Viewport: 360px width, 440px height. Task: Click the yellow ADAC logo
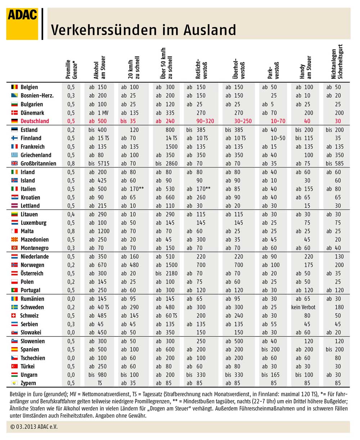(x=22, y=24)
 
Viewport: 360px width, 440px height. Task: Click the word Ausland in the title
(x=210, y=30)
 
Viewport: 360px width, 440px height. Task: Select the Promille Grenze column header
(x=71, y=69)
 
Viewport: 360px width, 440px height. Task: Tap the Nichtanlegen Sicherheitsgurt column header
(x=337, y=62)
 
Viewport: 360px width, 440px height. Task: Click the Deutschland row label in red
(x=35, y=121)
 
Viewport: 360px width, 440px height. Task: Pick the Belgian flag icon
(x=14, y=87)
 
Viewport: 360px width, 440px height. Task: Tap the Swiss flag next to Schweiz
(x=14, y=316)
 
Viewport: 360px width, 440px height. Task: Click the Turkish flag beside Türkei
(x=14, y=366)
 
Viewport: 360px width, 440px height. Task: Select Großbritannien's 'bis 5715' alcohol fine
(x=99, y=163)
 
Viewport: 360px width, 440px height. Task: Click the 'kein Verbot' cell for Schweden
(x=303, y=307)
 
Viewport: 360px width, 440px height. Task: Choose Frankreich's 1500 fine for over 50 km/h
(x=171, y=146)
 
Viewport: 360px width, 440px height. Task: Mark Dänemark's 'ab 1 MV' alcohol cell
(x=99, y=113)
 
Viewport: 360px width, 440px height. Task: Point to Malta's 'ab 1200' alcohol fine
(x=99, y=231)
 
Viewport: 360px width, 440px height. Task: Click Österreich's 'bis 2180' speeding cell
(x=166, y=273)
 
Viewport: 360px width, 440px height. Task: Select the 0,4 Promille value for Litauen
(x=71, y=214)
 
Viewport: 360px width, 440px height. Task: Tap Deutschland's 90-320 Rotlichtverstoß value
(x=205, y=121)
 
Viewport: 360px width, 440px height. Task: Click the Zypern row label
(x=28, y=383)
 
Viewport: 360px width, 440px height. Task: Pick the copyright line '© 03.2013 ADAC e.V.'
(x=34, y=427)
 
